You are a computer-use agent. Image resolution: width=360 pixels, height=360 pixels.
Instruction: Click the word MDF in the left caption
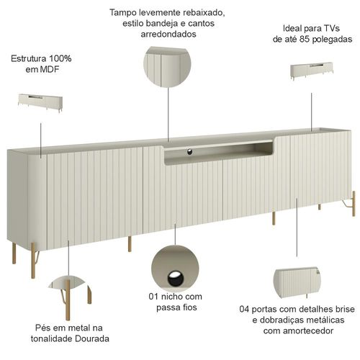pos(50,69)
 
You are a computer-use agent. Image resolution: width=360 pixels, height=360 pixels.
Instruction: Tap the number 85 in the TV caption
pos(304,39)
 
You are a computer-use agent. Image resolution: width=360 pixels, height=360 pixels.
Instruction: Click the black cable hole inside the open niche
pos(189,152)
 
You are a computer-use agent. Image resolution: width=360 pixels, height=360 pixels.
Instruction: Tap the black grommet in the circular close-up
pos(176,279)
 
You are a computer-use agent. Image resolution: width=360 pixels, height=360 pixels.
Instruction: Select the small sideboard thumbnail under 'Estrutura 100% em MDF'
pos(40,103)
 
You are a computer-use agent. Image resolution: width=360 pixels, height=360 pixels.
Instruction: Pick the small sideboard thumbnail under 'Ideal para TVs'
pos(312,71)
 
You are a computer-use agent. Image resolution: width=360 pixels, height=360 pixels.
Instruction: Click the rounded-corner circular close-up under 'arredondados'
pos(167,67)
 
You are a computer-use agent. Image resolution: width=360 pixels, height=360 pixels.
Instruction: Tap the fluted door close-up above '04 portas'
pos(297,282)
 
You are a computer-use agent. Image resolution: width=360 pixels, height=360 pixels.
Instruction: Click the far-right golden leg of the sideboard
pos(354,204)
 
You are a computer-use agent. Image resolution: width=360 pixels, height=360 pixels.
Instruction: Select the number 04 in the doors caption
pos(245,309)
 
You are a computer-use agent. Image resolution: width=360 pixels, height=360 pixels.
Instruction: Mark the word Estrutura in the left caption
pos(29,58)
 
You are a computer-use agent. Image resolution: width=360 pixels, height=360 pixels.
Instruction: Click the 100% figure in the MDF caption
pos(60,58)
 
